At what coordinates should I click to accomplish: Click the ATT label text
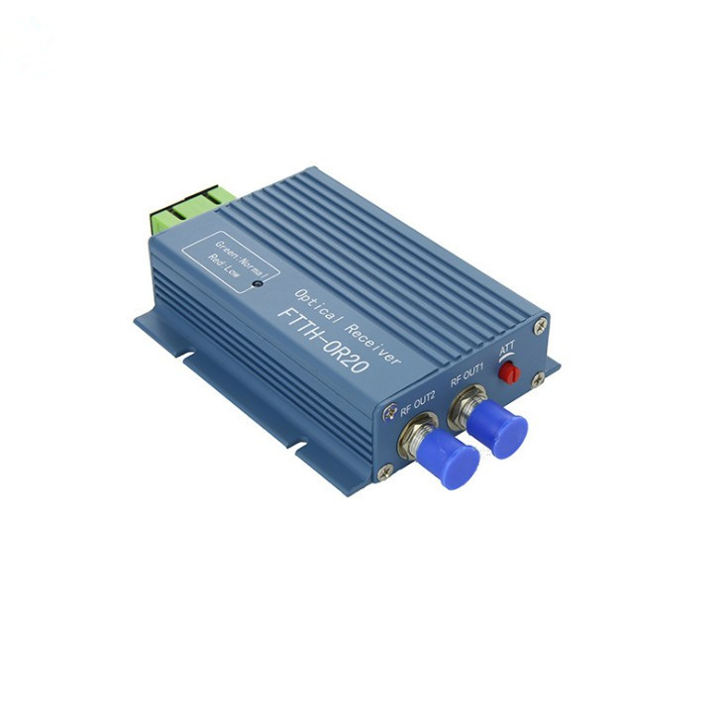tap(507, 349)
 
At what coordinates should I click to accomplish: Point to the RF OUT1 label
tap(467, 374)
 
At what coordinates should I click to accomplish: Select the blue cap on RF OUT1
tap(497, 429)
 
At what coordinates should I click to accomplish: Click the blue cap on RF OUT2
tap(449, 458)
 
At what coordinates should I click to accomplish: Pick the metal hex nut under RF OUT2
tap(416, 436)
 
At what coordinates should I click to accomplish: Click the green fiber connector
tap(191, 209)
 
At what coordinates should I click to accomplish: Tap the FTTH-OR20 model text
tap(323, 341)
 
